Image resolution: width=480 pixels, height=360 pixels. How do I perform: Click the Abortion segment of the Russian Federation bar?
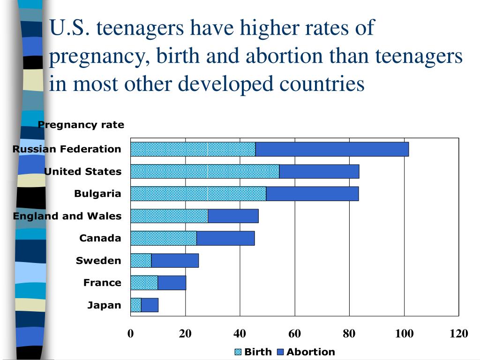(x=332, y=149)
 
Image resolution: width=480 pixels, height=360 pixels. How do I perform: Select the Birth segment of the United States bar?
(x=205, y=172)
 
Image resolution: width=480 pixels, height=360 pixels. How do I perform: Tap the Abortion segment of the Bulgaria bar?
(x=312, y=194)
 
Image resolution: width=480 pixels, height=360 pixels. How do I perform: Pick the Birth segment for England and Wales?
(x=169, y=216)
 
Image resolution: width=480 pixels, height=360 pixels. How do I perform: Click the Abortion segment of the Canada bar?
(x=225, y=238)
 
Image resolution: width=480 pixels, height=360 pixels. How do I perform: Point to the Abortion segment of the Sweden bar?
(x=175, y=261)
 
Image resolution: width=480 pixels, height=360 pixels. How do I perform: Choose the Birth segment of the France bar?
(x=144, y=283)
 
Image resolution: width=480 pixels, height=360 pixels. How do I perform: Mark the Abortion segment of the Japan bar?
(x=150, y=305)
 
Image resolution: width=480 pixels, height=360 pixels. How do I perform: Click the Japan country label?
(x=104, y=306)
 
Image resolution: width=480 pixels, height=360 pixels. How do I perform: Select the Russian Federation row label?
(x=67, y=149)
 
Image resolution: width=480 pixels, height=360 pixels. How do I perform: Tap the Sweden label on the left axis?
(x=98, y=261)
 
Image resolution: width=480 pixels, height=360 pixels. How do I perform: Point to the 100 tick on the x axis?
(x=404, y=334)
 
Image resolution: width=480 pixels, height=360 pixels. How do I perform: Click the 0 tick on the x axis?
(x=130, y=334)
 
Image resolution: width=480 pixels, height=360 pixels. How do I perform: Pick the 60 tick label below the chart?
(x=295, y=334)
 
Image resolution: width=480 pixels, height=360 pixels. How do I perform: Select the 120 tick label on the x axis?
(x=458, y=334)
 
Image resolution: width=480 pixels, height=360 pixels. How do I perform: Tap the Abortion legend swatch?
(x=281, y=352)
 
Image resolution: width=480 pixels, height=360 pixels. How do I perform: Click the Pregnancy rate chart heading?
(x=81, y=125)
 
